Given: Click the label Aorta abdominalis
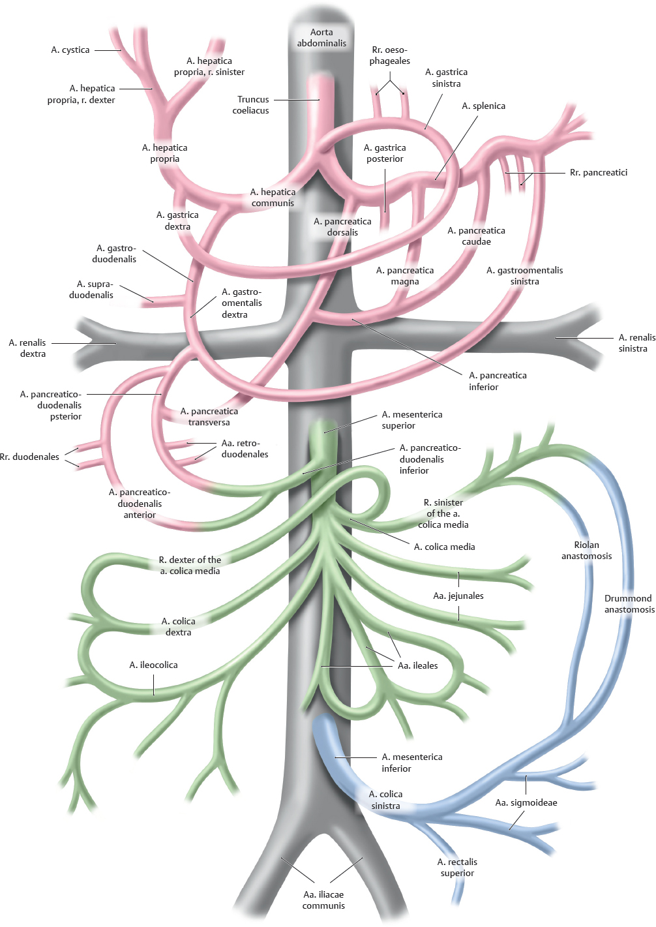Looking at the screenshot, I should [x=321, y=38].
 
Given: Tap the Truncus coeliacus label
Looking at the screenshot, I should [x=252, y=105].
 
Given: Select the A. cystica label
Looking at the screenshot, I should [x=70, y=50].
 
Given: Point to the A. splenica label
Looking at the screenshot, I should [x=483, y=106].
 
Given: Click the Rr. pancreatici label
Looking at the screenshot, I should [x=598, y=173].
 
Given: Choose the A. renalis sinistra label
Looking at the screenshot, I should [x=636, y=343].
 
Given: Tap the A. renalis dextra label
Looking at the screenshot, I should [x=28, y=348].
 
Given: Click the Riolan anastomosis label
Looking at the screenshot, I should [x=586, y=551].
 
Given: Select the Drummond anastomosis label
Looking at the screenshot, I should [x=629, y=604].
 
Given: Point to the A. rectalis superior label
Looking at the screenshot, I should [x=457, y=868].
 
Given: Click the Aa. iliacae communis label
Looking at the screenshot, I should [x=323, y=900].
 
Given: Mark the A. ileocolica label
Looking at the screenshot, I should [x=153, y=665].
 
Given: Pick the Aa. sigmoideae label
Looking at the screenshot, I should [x=526, y=803].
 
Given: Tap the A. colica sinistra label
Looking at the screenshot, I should [x=386, y=800].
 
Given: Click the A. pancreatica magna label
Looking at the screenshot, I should [x=405, y=276].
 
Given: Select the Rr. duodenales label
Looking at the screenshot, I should [x=29, y=457].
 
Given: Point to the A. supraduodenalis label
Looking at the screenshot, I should [x=92, y=290].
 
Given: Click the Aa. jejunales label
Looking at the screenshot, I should [x=458, y=596].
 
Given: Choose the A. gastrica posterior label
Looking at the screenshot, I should [x=385, y=153].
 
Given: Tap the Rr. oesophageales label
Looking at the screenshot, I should [x=390, y=55].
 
